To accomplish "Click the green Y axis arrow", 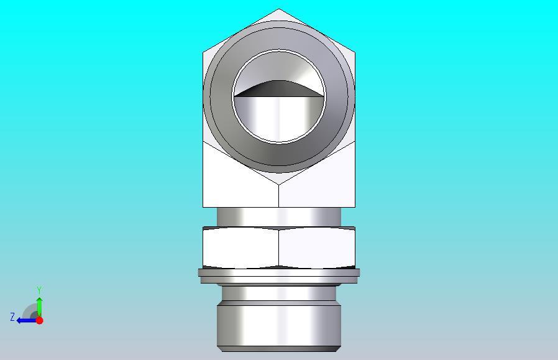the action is (x=40, y=307).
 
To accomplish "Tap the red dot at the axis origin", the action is (x=40, y=320).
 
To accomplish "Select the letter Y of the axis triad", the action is (x=40, y=290).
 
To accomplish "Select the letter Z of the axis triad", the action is (x=12, y=317).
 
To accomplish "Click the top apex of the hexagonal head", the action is (x=278, y=9).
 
